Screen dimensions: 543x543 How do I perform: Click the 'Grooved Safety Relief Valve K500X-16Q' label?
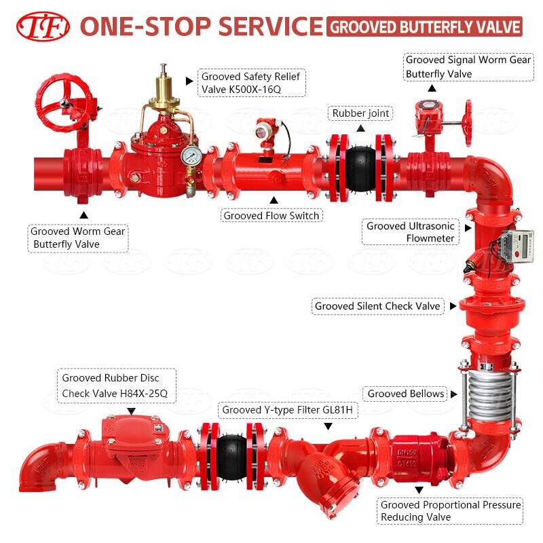coord(250,83)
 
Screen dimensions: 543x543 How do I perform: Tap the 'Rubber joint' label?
coord(360,113)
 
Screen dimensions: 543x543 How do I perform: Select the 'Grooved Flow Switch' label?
coord(271,216)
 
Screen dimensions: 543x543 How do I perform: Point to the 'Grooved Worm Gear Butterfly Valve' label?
coord(78,238)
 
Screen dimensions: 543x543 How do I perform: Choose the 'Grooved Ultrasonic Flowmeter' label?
coord(411,231)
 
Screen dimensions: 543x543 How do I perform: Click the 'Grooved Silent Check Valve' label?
coord(377,306)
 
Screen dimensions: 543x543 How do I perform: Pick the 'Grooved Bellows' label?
coord(406,394)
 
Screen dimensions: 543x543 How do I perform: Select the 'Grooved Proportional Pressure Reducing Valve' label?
coord(451,511)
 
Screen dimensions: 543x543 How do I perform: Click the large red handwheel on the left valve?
coord(66,102)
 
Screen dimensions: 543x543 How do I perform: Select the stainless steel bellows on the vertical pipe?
coord(486,392)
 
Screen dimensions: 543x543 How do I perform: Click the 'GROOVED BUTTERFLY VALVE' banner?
coord(425,26)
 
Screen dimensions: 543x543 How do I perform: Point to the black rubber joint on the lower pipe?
coord(231,451)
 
